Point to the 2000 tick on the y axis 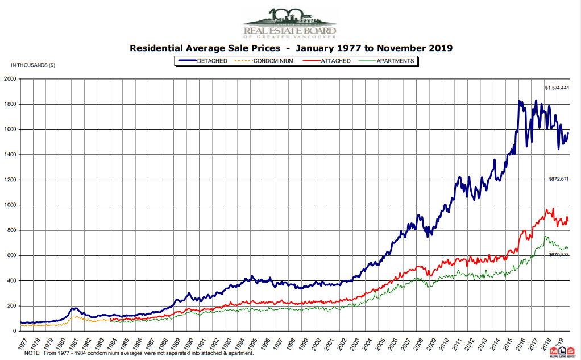click(10, 79)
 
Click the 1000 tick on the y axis click(10, 205)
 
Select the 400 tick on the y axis click(11, 281)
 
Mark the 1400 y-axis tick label click(10, 155)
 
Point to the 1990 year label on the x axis click(192, 343)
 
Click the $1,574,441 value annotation click(557, 88)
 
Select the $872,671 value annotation click(559, 179)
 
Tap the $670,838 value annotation click(559, 255)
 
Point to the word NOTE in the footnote click(32, 353)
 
